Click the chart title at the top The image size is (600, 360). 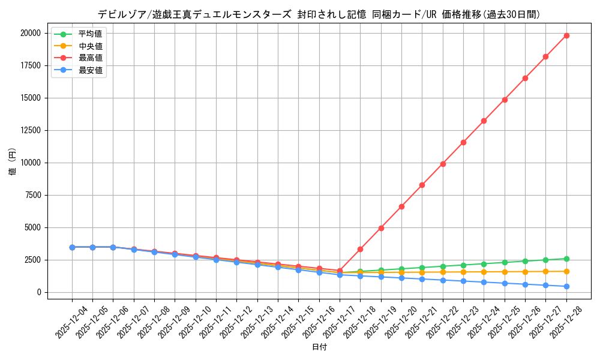tap(319, 14)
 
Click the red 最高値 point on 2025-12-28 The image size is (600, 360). tap(566, 35)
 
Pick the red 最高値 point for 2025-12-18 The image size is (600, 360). tap(360, 249)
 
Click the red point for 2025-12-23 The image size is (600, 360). tap(463, 142)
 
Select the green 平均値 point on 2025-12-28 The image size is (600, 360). tap(566, 259)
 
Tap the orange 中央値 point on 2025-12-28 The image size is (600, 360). tap(566, 271)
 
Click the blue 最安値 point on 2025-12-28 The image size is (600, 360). tap(566, 286)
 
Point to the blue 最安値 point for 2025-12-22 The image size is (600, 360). tap(443, 280)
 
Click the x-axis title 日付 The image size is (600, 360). tap(319, 347)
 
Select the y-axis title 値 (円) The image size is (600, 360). tap(13, 163)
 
